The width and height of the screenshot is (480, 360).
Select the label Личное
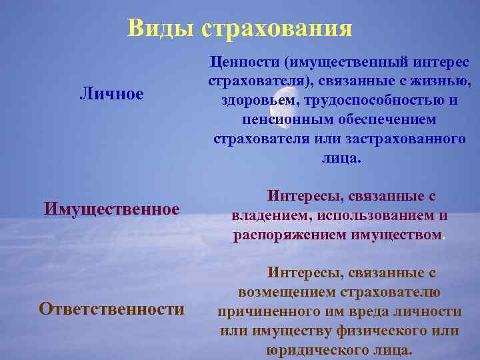111,93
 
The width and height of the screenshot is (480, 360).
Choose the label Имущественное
112,209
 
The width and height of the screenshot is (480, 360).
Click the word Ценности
245,61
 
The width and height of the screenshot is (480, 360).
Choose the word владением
264,216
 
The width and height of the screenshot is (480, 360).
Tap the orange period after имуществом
445,237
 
